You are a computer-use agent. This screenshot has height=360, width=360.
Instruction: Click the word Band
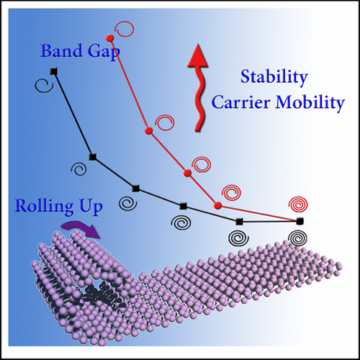click(60, 51)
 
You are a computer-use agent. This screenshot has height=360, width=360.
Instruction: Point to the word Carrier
click(241, 102)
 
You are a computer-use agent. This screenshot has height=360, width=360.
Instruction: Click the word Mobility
click(310, 104)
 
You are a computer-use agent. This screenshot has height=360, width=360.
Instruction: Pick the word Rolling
click(44, 207)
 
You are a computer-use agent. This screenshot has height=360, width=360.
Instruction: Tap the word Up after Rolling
click(90, 208)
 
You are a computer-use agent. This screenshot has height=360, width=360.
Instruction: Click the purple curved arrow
click(81, 228)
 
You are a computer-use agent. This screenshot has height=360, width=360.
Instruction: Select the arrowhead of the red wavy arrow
click(197, 55)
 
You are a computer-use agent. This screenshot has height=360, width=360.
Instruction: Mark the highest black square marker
click(53, 71)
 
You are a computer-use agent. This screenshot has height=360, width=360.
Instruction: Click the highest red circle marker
click(110, 37)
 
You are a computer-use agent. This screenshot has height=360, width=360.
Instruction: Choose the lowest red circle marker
click(217, 205)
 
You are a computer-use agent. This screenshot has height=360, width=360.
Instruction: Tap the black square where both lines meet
click(300, 222)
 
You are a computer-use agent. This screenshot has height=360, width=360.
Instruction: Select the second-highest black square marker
click(93, 157)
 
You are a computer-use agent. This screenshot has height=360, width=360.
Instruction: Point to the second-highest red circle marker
click(149, 130)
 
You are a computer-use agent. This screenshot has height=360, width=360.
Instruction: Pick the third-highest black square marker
click(136, 189)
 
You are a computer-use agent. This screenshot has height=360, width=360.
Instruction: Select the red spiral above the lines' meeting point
click(298, 204)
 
